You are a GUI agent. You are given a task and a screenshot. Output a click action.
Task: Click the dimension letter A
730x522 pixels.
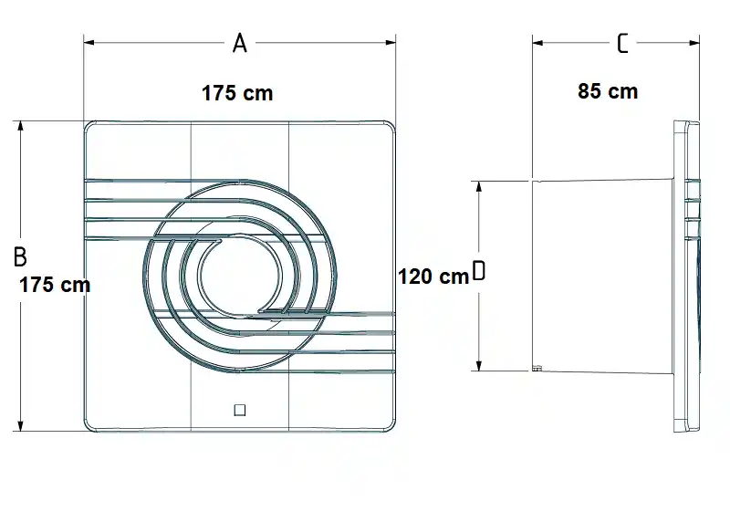pos(239,43)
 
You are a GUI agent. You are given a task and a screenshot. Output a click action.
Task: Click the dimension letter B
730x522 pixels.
pos(20,256)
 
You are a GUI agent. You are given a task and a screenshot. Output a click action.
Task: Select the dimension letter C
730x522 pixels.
pos(622,43)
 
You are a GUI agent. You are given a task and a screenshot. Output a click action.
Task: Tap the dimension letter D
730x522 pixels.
pos(478,270)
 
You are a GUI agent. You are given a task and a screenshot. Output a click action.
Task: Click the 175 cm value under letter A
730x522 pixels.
pos(237,93)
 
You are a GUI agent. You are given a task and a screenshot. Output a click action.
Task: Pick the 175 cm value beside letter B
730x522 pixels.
pos(55,285)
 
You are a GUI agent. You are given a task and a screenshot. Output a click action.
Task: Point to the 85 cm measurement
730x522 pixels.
pos(608,91)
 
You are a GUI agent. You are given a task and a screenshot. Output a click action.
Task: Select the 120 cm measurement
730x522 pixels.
pos(433,277)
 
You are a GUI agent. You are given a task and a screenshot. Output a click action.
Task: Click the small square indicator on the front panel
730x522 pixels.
pos(240,411)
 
